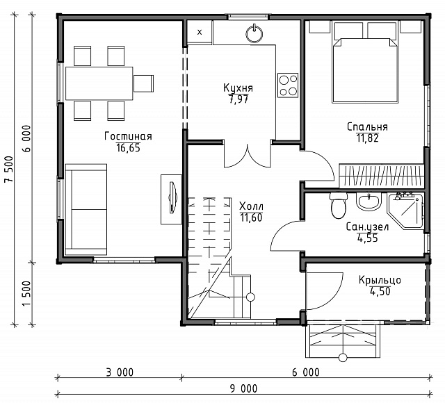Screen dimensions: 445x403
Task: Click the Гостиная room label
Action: point(128,136)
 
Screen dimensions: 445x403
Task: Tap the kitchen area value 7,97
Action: point(238,99)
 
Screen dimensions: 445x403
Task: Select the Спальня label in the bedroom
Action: point(367,126)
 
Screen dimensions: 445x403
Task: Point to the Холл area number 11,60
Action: point(251,217)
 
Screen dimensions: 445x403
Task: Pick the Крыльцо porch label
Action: point(380,280)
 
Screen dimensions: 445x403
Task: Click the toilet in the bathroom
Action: point(339,206)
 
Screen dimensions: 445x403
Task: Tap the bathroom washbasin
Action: point(369,201)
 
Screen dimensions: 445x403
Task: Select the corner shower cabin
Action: point(405,211)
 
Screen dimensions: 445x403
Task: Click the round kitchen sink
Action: point(254,34)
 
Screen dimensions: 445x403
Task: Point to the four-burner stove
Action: point(288,85)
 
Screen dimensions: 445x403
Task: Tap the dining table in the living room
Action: point(99,83)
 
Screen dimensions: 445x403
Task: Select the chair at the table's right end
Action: point(144,83)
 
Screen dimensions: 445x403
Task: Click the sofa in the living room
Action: point(86,209)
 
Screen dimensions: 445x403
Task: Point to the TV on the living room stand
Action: point(172,197)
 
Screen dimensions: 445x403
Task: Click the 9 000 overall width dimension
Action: point(243,388)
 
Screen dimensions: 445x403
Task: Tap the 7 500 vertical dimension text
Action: point(8,170)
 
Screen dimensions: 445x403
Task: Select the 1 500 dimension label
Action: point(26,293)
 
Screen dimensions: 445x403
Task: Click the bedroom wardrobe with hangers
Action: point(382,176)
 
